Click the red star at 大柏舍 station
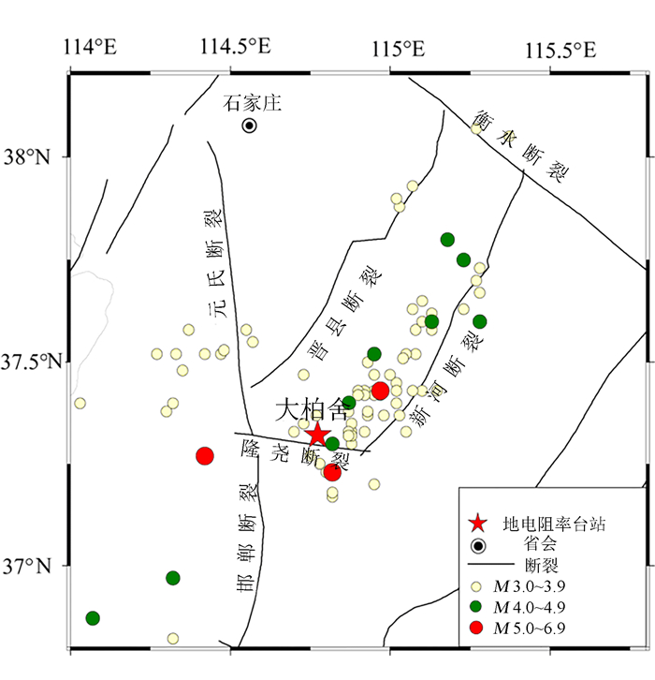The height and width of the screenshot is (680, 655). [x=317, y=434]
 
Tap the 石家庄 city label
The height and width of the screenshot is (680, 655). [x=252, y=103]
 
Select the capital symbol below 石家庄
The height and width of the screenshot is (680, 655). [x=250, y=126]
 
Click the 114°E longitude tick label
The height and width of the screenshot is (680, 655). [x=90, y=48]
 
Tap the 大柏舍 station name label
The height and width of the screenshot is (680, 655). [x=310, y=409]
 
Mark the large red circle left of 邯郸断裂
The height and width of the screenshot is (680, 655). [x=205, y=456]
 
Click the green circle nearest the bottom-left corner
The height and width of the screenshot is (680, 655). [x=93, y=618]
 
